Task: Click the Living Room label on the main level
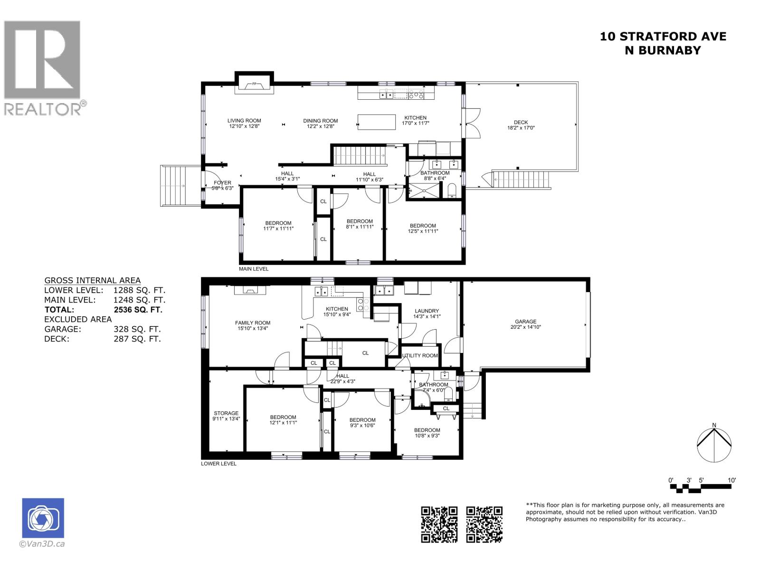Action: pos(244,121)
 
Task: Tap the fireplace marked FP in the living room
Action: pos(254,85)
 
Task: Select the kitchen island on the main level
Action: pos(377,122)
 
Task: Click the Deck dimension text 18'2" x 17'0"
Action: pos(521,128)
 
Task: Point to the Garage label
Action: pos(525,322)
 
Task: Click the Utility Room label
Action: pos(420,356)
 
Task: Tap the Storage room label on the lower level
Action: pos(226,413)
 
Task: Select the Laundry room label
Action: pos(427,311)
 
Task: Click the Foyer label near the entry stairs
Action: pos(222,183)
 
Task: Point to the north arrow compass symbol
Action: pos(714,445)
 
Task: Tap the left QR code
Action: pos(439,524)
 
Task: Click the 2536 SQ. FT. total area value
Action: pos(138,310)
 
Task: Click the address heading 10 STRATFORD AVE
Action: pos(663,37)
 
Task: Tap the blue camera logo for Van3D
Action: pos(43,518)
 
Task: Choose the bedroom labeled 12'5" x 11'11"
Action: pos(423,228)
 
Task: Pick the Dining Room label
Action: pos(321,121)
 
